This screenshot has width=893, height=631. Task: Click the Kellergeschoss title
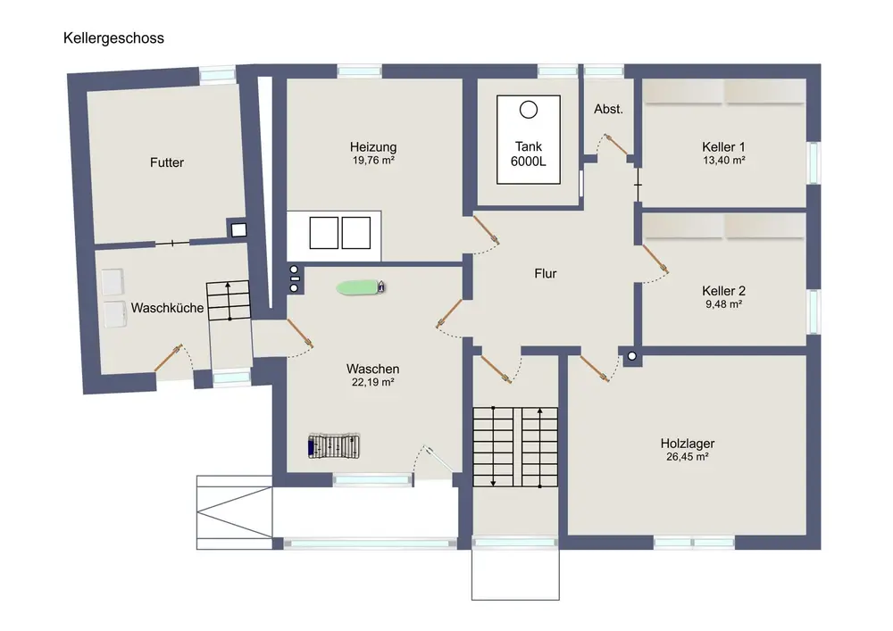pyautogui.click(x=113, y=38)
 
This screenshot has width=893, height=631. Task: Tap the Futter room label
pyautogui.click(x=167, y=162)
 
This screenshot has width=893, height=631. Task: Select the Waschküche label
pyautogui.click(x=168, y=308)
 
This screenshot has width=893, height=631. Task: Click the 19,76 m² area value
pyautogui.click(x=373, y=162)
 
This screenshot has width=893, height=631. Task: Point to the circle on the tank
pyautogui.click(x=528, y=109)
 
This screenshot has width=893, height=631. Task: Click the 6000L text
pyautogui.click(x=528, y=162)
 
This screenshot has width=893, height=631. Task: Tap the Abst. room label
pyautogui.click(x=608, y=109)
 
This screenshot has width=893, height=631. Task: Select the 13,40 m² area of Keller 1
pyautogui.click(x=723, y=162)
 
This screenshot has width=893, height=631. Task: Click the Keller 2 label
pyautogui.click(x=723, y=291)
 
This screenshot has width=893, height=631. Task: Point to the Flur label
pyautogui.click(x=545, y=273)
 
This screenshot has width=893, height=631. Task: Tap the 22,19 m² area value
pyautogui.click(x=373, y=382)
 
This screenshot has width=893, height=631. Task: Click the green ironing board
pyautogui.click(x=361, y=287)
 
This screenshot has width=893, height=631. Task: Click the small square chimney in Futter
pyautogui.click(x=238, y=229)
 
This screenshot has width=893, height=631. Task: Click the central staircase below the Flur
pyautogui.click(x=516, y=446)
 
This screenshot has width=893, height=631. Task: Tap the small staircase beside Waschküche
pyautogui.click(x=229, y=303)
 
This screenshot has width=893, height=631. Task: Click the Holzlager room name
pyautogui.click(x=687, y=443)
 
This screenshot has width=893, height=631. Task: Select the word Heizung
pyautogui.click(x=373, y=147)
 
